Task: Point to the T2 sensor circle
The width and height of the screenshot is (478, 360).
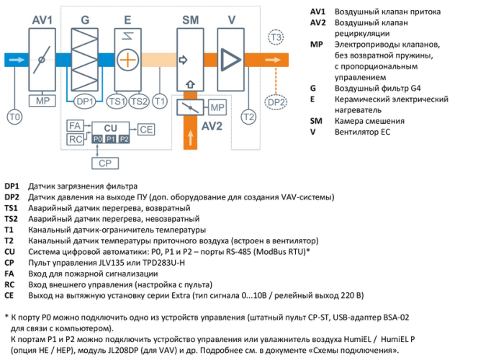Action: pos(248,115)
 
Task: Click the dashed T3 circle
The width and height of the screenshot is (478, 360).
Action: pos(276,37)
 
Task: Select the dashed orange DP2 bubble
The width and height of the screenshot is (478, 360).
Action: pos(276,103)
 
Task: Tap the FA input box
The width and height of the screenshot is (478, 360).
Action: pos(74,125)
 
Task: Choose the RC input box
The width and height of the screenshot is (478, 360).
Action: pos(74,138)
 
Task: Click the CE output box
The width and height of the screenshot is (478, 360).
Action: pos(146,130)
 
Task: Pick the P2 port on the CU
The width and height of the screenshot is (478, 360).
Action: pos(123,138)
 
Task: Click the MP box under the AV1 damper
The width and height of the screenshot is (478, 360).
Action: pos(42,100)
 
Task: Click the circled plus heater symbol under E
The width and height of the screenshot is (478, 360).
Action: pos(127,60)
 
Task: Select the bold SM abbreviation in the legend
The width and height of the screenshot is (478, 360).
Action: pos(316,121)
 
